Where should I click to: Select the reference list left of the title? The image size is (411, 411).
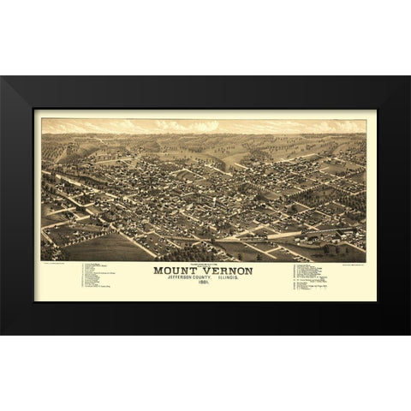coord(101,277)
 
